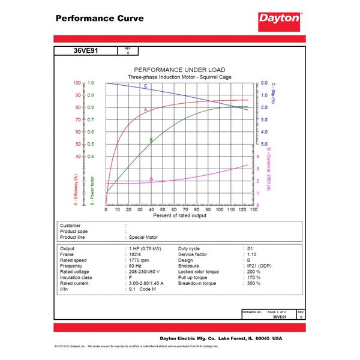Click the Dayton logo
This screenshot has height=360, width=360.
(x=279, y=18)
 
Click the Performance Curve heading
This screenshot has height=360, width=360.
(x=99, y=18)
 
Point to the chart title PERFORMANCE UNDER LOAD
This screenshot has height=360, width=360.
(x=179, y=70)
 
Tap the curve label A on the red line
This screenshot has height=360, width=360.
(x=145, y=110)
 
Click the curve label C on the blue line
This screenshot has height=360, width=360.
(x=146, y=86)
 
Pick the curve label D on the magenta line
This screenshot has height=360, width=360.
(x=151, y=179)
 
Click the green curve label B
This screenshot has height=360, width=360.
(x=151, y=140)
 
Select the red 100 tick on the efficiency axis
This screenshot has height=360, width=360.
(x=77, y=83)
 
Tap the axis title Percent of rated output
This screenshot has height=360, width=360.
(x=179, y=215)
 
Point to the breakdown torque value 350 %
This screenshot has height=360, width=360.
(x=253, y=283)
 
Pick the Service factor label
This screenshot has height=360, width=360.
(x=194, y=254)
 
